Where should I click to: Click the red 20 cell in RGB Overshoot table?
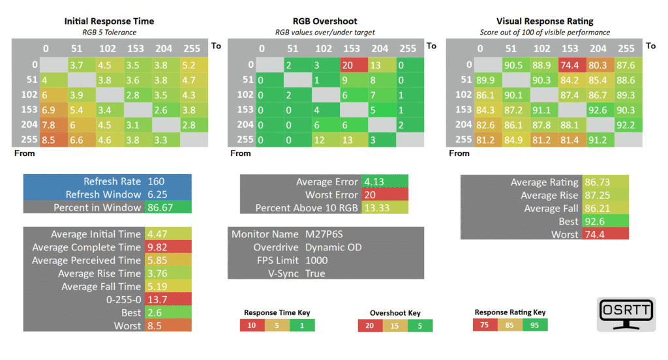[x=354, y=65]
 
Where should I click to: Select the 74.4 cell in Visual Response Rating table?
[x=571, y=65]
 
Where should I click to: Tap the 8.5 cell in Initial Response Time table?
[x=53, y=140]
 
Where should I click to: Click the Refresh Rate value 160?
[x=156, y=181]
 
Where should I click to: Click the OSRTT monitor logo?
[x=626, y=314]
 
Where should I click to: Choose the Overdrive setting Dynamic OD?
[x=333, y=247]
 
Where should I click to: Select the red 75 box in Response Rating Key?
[x=485, y=325]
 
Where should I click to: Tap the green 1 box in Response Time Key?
[x=302, y=325]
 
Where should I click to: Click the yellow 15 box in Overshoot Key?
[x=395, y=326]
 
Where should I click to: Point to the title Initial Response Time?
[x=109, y=22]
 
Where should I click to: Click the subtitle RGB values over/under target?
[x=325, y=33]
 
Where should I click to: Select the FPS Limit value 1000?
[x=316, y=260]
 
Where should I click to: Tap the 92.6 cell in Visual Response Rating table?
[x=600, y=110]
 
